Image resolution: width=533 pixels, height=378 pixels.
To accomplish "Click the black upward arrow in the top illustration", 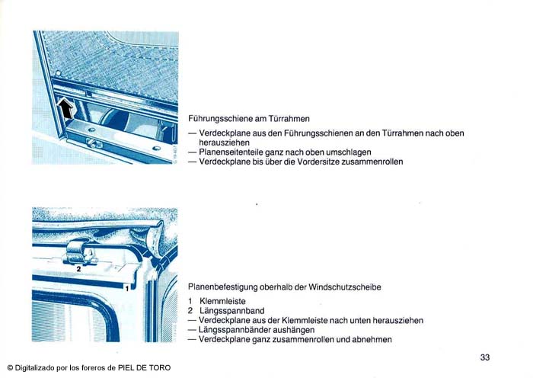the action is pos(65,108).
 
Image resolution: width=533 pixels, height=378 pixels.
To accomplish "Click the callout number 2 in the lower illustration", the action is pos(79,269).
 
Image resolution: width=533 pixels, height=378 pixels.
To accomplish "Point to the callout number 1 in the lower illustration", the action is pos(127,289).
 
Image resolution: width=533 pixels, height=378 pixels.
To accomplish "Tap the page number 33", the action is pos(485,357).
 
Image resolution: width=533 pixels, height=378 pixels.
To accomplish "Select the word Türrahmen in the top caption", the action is pos(289,119).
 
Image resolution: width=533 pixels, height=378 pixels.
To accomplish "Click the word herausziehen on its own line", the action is pos(224,143).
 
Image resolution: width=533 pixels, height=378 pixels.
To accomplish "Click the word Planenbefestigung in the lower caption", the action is pos(222,287).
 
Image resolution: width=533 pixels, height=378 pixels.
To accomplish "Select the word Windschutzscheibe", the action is pos(345,287).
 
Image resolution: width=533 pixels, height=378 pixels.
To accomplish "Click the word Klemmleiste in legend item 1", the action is pos(222,301).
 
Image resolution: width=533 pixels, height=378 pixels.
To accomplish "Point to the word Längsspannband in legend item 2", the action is pos(232,311).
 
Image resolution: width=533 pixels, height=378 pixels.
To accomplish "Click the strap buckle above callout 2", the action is pos(81,253).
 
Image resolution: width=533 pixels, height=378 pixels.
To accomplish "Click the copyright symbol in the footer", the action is pos(10,368).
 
